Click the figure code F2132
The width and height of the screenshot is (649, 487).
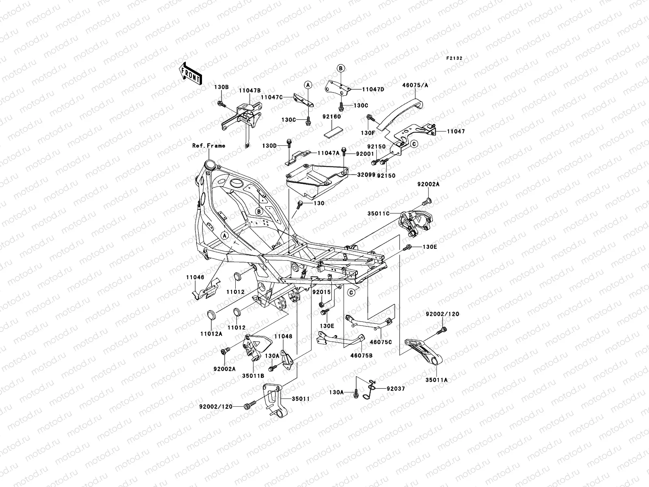coord(454,58)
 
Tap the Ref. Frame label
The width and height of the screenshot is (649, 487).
coord(208,145)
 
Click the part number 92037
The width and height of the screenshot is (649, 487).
coord(395,388)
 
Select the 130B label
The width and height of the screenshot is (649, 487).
coord(221,87)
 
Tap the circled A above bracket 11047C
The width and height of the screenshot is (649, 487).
coord(308,84)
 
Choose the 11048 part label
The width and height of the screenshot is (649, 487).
coord(283,336)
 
